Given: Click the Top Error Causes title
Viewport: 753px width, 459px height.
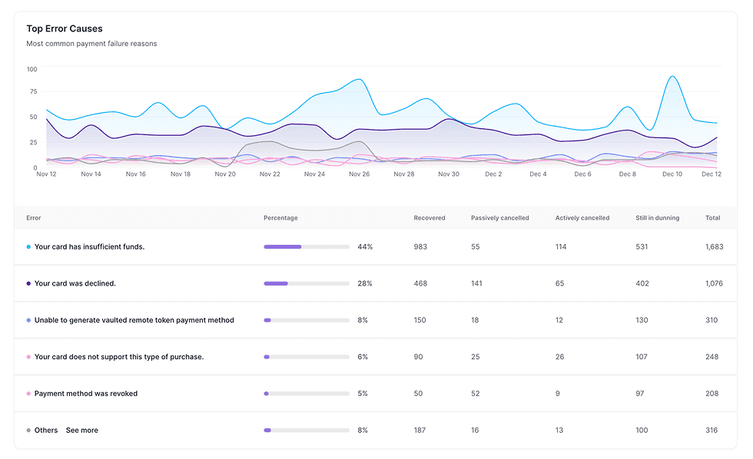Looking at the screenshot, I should tap(64, 29).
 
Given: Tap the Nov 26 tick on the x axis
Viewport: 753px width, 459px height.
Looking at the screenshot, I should tap(359, 174).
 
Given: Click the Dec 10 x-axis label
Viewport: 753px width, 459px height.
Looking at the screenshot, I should tap(672, 174).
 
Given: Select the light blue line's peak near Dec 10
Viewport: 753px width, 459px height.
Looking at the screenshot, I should tap(672, 77).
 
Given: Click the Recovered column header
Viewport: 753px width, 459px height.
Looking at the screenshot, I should tap(429, 218).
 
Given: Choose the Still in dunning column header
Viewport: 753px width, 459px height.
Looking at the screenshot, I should tap(657, 218).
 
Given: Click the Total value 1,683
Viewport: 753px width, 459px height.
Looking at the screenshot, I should tap(714, 247).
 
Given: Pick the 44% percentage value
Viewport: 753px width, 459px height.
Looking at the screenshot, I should tap(365, 247).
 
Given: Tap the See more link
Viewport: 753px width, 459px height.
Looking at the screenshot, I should tap(81, 431).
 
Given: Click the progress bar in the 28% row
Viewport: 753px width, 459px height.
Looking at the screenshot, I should tap(307, 284).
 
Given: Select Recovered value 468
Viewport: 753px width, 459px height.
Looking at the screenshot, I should tap(420, 284).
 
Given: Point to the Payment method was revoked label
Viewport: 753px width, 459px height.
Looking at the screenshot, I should tap(86, 394).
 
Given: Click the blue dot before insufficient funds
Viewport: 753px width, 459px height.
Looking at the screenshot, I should tap(28, 247).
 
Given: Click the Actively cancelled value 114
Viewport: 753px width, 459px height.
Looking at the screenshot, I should tap(562, 247).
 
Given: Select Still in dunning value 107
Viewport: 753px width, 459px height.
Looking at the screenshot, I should tap(642, 357).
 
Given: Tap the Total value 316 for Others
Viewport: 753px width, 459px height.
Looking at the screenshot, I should tap(712, 431).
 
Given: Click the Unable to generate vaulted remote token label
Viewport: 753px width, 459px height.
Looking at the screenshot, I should tap(134, 320).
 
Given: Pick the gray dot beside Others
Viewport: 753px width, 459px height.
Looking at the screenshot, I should tap(28, 431).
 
